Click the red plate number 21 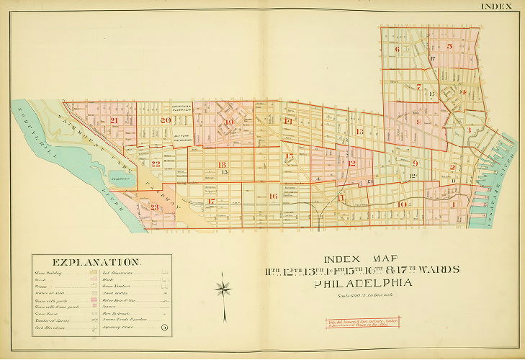(x=113, y=120)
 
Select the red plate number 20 (x=166, y=120)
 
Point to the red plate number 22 (x=155, y=163)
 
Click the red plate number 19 (x=229, y=122)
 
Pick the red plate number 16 (x=272, y=196)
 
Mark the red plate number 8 (x=418, y=122)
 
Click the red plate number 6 (x=397, y=49)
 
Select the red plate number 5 (x=449, y=46)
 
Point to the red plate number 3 (x=469, y=130)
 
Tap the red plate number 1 (x=452, y=204)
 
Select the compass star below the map (x=224, y=289)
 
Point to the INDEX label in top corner (x=496, y=6)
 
